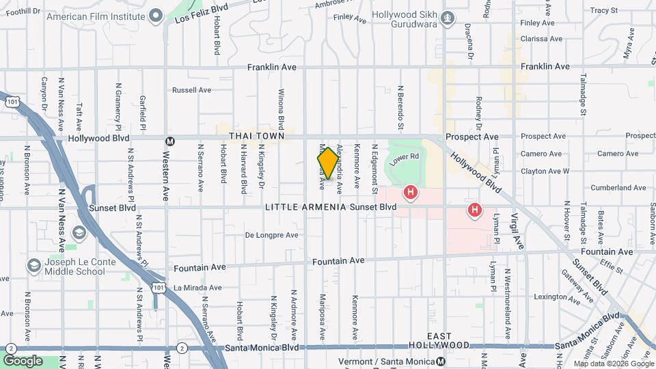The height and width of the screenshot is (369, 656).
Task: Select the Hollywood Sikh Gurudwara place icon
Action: [448, 18]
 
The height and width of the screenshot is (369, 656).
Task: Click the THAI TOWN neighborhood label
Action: [256, 137]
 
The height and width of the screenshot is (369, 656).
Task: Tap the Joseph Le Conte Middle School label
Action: [75, 266]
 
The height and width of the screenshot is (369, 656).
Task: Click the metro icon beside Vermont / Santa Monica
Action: [441, 361]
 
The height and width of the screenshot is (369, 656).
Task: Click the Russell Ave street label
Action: [191, 90]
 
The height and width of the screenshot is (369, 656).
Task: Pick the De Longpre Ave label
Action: [271, 235]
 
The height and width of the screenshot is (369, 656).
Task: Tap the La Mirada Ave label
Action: [197, 288]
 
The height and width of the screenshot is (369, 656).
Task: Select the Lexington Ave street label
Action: [556, 297]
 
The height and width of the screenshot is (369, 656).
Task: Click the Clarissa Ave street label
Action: [543, 39]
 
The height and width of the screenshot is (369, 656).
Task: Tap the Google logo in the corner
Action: [23, 360]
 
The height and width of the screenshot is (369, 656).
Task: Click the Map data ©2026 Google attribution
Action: [614, 364]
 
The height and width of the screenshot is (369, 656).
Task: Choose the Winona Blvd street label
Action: [281, 109]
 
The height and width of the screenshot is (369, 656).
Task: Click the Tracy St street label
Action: [603, 10]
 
